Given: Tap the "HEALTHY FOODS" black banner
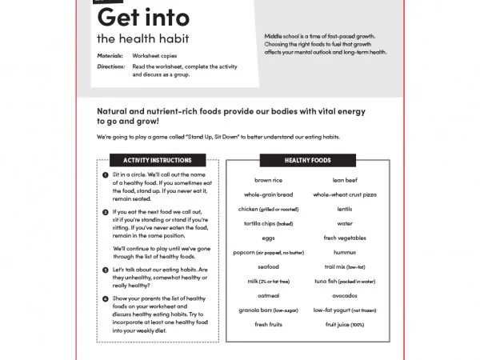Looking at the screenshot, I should [x=307, y=160].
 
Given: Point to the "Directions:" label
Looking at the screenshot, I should [x=110, y=66].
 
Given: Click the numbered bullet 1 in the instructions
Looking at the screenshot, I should [x=106, y=174].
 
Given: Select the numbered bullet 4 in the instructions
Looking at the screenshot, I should [x=106, y=299].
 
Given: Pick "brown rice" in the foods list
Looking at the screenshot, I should [x=268, y=181].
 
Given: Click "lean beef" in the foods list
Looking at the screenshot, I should [x=345, y=181].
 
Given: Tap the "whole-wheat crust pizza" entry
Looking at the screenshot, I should [x=345, y=194].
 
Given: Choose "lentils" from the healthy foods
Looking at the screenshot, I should [x=345, y=209].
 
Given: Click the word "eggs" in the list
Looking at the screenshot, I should [x=268, y=238].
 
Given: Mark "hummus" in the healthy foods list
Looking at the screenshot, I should [x=345, y=253].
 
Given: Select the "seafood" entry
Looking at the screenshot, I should [x=268, y=267].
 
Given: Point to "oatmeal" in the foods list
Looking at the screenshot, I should [x=268, y=295].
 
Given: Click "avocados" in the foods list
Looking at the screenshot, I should [x=345, y=295].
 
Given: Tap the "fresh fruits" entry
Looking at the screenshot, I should [x=268, y=324].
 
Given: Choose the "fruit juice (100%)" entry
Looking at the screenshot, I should [x=345, y=324].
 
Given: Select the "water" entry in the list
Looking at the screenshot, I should [x=345, y=224].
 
